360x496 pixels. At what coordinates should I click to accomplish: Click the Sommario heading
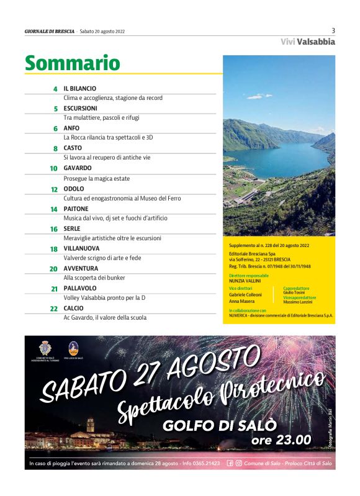(72, 63)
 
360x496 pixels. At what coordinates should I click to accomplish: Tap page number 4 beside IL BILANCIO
(55, 89)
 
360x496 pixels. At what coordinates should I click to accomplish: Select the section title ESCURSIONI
(80, 109)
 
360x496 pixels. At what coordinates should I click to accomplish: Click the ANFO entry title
(71, 129)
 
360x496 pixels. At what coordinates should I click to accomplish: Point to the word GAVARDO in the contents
(78, 168)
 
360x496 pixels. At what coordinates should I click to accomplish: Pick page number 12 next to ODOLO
(54, 189)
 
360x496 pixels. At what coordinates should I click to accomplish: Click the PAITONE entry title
(76, 209)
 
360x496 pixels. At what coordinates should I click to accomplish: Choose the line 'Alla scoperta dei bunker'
(94, 278)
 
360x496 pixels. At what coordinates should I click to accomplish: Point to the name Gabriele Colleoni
(245, 294)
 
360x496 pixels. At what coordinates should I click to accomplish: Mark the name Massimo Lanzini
(299, 302)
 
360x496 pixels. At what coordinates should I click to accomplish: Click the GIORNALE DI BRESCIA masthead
(50, 31)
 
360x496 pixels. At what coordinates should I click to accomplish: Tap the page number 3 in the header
(333, 30)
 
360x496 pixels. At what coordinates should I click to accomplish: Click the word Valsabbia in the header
(316, 42)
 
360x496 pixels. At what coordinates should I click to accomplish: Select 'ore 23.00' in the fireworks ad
(281, 440)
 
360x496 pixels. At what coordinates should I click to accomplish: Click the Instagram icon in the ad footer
(238, 463)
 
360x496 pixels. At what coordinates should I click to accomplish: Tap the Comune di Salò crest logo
(45, 348)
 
